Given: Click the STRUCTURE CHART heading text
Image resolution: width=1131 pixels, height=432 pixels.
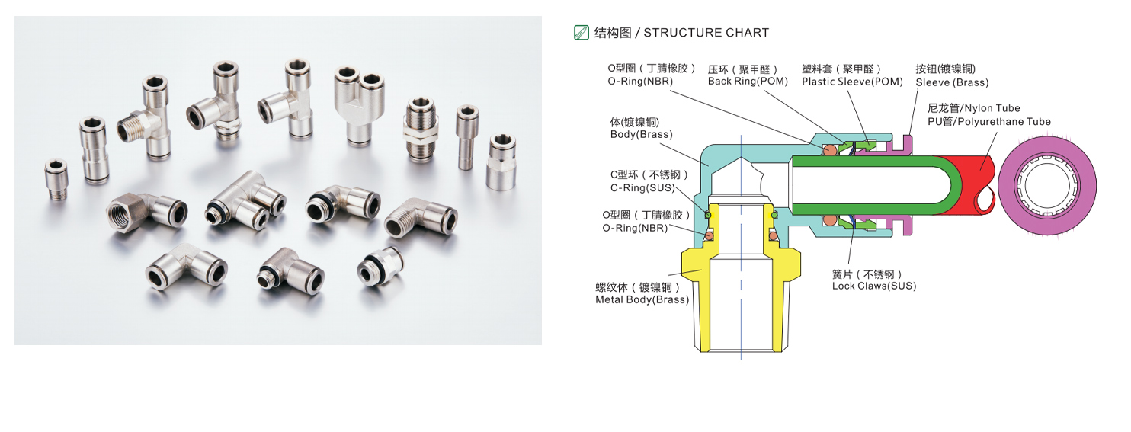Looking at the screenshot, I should [706, 33].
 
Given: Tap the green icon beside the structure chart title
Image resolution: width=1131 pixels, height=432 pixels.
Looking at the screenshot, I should [581, 32].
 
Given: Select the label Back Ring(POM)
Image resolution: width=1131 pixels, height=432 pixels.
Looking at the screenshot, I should [747, 82].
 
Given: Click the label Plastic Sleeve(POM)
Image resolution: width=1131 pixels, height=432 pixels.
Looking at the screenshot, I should [852, 82].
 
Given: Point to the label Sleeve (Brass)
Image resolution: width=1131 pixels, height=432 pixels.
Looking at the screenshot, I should [952, 82].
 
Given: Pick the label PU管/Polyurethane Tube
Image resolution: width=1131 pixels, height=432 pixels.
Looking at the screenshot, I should [988, 122].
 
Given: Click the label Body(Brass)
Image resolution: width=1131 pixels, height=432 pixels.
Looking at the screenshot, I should [641, 135].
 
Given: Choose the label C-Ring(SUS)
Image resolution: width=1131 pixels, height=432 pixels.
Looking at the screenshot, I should [639, 188].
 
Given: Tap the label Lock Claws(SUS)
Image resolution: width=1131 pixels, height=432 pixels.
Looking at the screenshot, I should [873, 286].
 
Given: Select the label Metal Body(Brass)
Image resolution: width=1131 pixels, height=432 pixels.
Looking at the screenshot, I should [642, 300].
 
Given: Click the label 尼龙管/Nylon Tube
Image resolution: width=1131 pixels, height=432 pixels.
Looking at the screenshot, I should [973, 108].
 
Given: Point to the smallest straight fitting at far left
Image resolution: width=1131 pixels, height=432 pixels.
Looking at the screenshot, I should [56, 179].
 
